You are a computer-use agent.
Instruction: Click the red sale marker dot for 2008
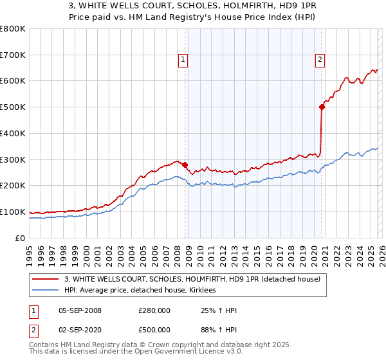point(185,165)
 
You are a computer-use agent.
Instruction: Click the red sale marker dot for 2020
point(322,107)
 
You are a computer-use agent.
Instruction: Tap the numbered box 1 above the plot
point(183,60)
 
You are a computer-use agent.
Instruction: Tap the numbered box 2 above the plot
point(320,60)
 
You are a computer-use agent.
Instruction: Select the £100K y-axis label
point(13,212)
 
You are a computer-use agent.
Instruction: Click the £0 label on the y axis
point(21,238)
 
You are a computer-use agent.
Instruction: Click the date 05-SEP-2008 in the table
point(80,310)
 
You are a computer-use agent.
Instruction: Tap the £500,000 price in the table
point(154,331)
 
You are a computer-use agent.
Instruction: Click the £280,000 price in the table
point(154,310)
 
